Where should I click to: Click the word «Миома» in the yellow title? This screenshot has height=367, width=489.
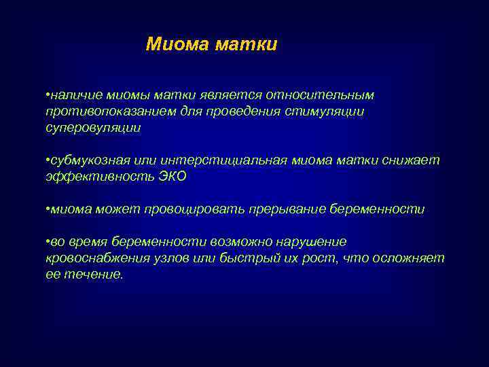[x=177, y=45]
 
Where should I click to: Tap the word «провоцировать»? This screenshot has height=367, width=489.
[x=186, y=209]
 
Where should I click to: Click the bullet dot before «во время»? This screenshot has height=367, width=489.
[x=48, y=243]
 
